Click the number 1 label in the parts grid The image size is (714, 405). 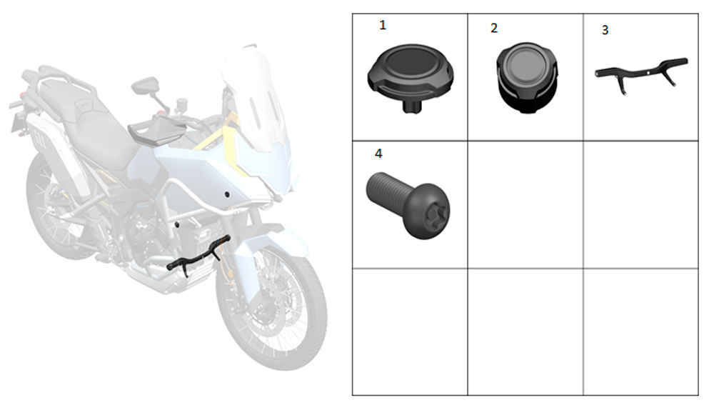tap(383, 25)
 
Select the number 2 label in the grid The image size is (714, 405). tap(494, 29)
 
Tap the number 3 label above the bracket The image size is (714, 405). tap(605, 30)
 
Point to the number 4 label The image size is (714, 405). tap(378, 154)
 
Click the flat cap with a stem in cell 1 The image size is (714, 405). tap(411, 73)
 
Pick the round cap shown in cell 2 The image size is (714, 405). tap(527, 77)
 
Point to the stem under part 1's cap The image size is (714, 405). tap(412, 107)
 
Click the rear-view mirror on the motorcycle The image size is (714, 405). tap(145, 86)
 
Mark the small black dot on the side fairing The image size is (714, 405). tap(227, 195)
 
